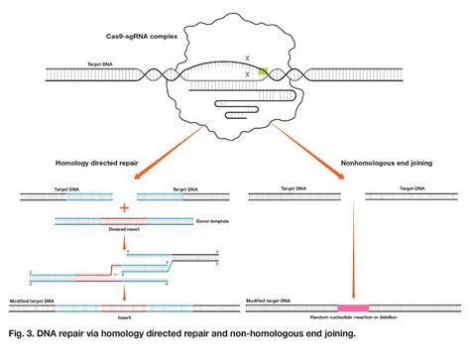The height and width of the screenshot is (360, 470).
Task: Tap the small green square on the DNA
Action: tap(263, 71)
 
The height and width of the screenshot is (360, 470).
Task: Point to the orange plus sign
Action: tap(124, 208)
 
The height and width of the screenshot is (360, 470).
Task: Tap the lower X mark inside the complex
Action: tap(246, 74)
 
